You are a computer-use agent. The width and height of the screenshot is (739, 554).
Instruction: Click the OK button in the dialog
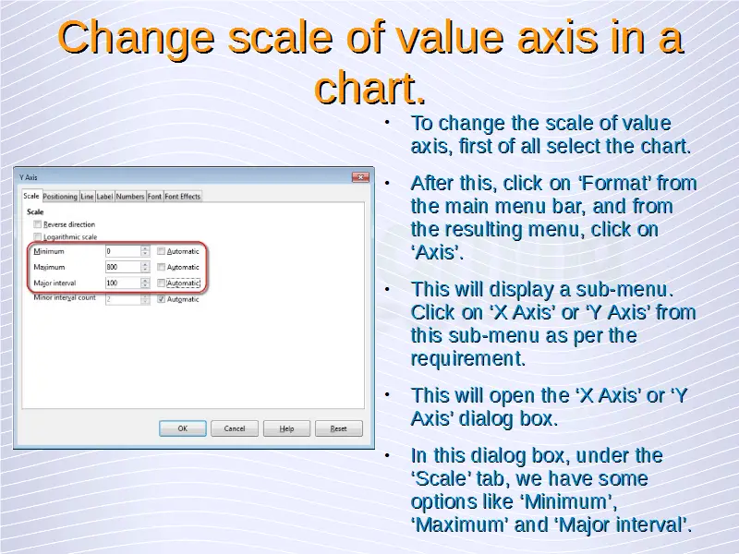[182, 428]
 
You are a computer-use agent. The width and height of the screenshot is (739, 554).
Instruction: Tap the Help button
[286, 428]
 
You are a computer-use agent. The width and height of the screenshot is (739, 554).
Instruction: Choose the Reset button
[338, 428]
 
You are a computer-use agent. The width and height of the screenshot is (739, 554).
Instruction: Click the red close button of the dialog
[360, 177]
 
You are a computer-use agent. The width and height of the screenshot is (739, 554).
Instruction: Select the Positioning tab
[60, 197]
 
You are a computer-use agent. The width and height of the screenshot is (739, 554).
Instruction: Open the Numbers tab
[130, 197]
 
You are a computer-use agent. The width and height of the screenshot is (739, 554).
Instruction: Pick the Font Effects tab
[182, 197]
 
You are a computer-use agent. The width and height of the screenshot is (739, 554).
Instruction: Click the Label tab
[104, 197]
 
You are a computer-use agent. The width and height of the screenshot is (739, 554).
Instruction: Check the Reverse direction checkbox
[38, 224]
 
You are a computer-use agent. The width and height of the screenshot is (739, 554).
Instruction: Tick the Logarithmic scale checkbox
[38, 236]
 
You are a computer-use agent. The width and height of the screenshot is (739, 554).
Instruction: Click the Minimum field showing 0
[123, 251]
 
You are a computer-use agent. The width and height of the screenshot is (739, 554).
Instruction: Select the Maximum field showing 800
[123, 267]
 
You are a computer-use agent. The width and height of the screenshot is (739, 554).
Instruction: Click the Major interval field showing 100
[123, 283]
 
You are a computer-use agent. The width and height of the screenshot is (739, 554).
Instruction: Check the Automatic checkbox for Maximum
[161, 267]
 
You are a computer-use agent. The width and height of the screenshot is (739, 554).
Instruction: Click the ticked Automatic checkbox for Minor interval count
[161, 299]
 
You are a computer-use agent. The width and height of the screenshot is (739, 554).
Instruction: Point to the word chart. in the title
[370, 87]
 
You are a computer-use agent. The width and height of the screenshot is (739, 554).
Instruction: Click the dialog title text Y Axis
[29, 177]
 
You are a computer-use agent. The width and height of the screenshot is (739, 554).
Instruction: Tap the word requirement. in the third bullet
[468, 359]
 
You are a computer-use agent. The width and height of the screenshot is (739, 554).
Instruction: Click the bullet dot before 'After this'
[387, 183]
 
